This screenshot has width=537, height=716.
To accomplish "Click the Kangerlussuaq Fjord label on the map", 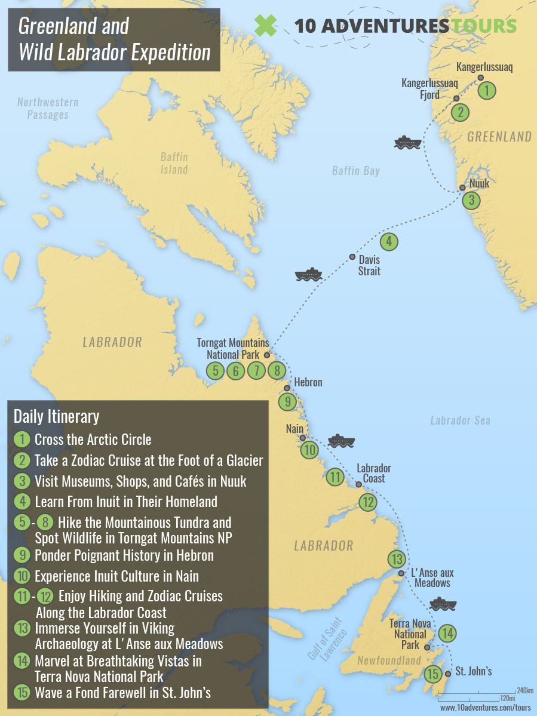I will click(429, 89).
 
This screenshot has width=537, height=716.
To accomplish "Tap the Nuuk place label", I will click(479, 183).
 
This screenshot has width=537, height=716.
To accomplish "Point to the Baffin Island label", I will click(174, 163).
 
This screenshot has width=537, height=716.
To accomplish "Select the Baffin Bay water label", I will click(355, 171).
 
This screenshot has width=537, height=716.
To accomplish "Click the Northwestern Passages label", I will click(48, 108).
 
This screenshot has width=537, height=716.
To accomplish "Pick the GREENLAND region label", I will click(499, 137).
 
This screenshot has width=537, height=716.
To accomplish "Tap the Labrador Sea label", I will click(460, 420).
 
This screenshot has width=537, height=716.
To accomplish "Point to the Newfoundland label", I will click(389, 660).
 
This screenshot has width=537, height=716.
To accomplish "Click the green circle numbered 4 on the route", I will click(389, 241).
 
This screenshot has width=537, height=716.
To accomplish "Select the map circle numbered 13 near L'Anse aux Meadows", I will click(397, 560).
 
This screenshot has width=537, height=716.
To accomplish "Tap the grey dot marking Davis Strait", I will click(352, 257).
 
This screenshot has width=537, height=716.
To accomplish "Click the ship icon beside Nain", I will click(341, 441).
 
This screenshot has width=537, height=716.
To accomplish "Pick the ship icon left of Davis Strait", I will click(308, 275).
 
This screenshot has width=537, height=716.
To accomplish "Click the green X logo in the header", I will click(266, 25).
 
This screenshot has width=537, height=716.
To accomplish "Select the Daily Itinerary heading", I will click(56, 416).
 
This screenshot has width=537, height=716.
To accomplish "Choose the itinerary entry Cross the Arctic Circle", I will click(93, 440).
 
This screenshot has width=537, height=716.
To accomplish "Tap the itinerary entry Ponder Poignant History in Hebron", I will click(124, 555).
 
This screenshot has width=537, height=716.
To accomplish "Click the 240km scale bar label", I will click(525, 690).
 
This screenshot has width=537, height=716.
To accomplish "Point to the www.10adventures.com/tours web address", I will click(485, 707).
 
